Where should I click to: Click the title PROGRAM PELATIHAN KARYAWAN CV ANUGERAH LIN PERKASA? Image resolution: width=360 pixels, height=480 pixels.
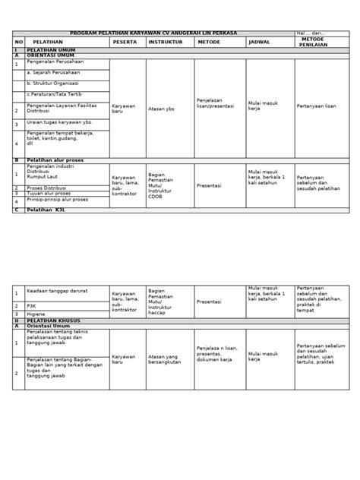pyautogui.click(x=153, y=33)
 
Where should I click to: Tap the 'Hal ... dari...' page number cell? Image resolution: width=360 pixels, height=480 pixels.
pyautogui.click(x=312, y=33)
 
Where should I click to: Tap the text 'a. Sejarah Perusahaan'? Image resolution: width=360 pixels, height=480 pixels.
pyautogui.click(x=52, y=73)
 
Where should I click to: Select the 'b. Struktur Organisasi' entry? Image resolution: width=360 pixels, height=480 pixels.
pyautogui.click(x=54, y=84)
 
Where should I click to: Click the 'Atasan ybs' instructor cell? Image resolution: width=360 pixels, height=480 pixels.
pyautogui.click(x=162, y=108)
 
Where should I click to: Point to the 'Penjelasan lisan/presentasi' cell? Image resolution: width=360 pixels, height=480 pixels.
pyautogui.click(x=213, y=105)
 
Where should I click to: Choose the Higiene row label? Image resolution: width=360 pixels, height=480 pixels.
pyautogui.click(x=36, y=314)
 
